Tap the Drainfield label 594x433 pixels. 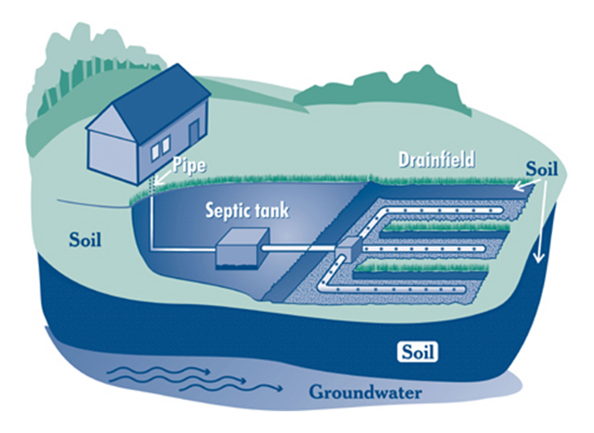coord(437,160)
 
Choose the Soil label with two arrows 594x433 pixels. coord(542,171)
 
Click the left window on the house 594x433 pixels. coord(155,151)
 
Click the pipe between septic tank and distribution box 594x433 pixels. coord(302,251)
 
